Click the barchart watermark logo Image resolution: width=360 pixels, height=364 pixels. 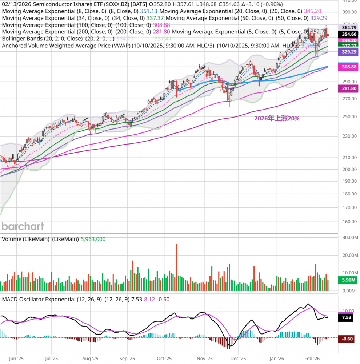click(x=23, y=226)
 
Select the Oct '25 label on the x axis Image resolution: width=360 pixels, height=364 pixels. click(x=164, y=358)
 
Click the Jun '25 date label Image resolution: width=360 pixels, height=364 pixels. click(x=15, y=358)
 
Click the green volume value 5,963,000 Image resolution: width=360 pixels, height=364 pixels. click(x=93, y=239)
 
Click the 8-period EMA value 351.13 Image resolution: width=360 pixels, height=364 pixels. click(x=149, y=11)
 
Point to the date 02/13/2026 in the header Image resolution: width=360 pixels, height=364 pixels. click(x=15, y=4)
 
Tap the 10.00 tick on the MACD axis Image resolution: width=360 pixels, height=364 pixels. click(x=348, y=311)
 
